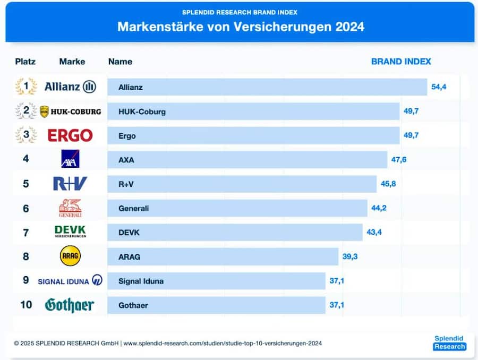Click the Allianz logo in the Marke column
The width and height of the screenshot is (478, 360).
pyautogui.click(x=70, y=87)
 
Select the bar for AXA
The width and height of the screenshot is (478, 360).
pyautogui.click(x=247, y=160)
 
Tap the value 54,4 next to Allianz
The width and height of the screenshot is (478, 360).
pyautogui.click(x=439, y=87)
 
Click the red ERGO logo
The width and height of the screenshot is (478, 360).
pyautogui.click(x=70, y=135)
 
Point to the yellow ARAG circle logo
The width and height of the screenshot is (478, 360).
pyautogui.click(x=70, y=256)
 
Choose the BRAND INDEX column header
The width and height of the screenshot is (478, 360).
pyautogui.click(x=401, y=62)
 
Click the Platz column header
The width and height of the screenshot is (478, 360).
pyautogui.click(x=25, y=62)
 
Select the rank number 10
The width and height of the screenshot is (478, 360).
pyautogui.click(x=25, y=305)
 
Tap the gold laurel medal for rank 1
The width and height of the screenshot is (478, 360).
pyautogui.click(x=25, y=87)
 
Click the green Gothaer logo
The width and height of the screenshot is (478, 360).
pyautogui.click(x=70, y=305)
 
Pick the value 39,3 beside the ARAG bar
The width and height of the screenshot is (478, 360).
pyautogui.click(x=350, y=256)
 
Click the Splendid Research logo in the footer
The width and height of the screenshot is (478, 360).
pyautogui.click(x=449, y=342)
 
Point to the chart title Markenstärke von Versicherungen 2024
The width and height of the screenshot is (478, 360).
pyautogui.click(x=241, y=27)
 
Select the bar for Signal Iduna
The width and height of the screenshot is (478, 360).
pyautogui.click(x=216, y=281)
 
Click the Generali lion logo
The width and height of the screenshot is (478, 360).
pyautogui.click(x=70, y=208)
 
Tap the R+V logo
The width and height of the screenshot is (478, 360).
pyautogui.click(x=70, y=184)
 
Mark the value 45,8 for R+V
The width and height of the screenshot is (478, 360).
pyautogui.click(x=388, y=184)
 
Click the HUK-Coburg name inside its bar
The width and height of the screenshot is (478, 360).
pyautogui.click(x=142, y=112)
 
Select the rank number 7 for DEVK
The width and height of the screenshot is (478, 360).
pyautogui.click(x=25, y=232)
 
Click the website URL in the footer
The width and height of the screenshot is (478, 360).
pyautogui.click(x=223, y=344)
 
